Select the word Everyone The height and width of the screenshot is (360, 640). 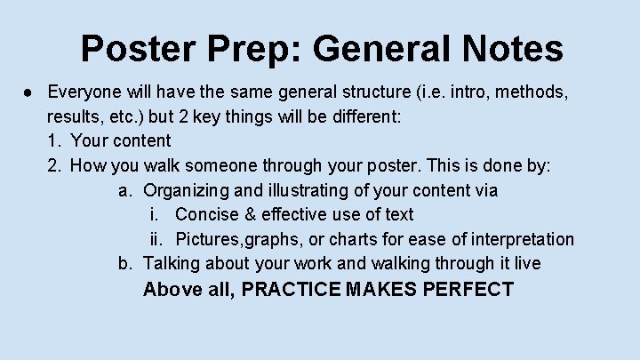coord(85,92)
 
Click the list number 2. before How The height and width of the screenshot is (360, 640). coord(54,165)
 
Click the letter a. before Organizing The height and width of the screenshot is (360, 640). coord(125,190)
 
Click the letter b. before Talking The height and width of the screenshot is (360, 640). coord(125,264)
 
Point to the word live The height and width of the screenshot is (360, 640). coord(524,264)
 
